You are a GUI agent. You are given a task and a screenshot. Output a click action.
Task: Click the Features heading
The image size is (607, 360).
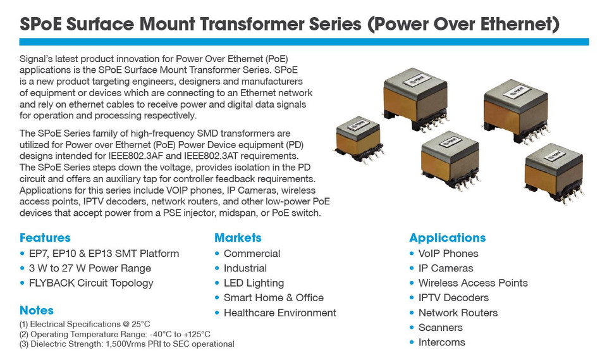click(45, 237)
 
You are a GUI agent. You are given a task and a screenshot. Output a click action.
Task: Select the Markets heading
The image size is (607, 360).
click(238, 237)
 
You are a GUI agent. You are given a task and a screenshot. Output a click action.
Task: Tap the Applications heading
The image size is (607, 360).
click(447, 237)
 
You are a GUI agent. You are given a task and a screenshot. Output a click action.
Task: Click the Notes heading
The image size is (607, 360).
click(37, 310)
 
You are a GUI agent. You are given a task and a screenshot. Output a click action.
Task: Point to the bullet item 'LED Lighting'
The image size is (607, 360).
click(254, 283)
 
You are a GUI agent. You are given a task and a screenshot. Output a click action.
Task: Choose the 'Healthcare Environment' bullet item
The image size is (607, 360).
click(280, 313)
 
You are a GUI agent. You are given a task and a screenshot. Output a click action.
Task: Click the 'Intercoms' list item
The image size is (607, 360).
click(442, 342)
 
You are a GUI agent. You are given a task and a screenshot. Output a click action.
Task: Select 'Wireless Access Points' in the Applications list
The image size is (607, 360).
click(473, 283)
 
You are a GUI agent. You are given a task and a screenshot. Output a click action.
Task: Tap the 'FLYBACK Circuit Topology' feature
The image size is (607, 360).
click(91, 283)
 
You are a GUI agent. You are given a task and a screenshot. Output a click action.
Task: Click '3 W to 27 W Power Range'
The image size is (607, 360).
click(90, 268)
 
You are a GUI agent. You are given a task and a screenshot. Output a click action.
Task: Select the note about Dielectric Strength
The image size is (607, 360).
click(126, 344)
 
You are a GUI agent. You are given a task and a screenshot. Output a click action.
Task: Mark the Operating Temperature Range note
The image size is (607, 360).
click(115, 334)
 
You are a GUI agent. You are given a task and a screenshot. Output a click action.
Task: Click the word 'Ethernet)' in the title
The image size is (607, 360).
click(520, 23)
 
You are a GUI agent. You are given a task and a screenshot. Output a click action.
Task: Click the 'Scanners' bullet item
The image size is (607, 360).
click(441, 328)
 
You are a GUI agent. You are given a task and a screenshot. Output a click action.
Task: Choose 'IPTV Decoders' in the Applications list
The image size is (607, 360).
click(453, 297)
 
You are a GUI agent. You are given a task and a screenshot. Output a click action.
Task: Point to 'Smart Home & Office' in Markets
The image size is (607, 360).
click(274, 297)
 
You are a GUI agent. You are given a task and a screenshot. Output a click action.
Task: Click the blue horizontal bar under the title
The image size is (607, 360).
click(304, 42)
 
